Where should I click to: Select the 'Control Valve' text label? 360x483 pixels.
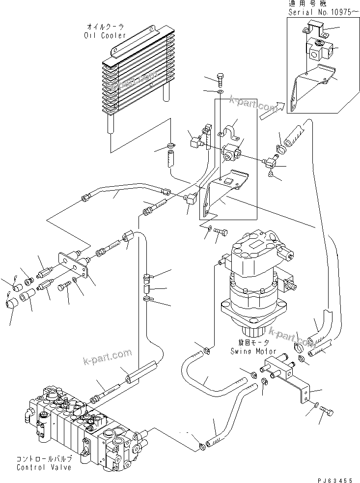click(x=44, y=467)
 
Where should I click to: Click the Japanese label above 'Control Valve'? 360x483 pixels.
click(x=44, y=458)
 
